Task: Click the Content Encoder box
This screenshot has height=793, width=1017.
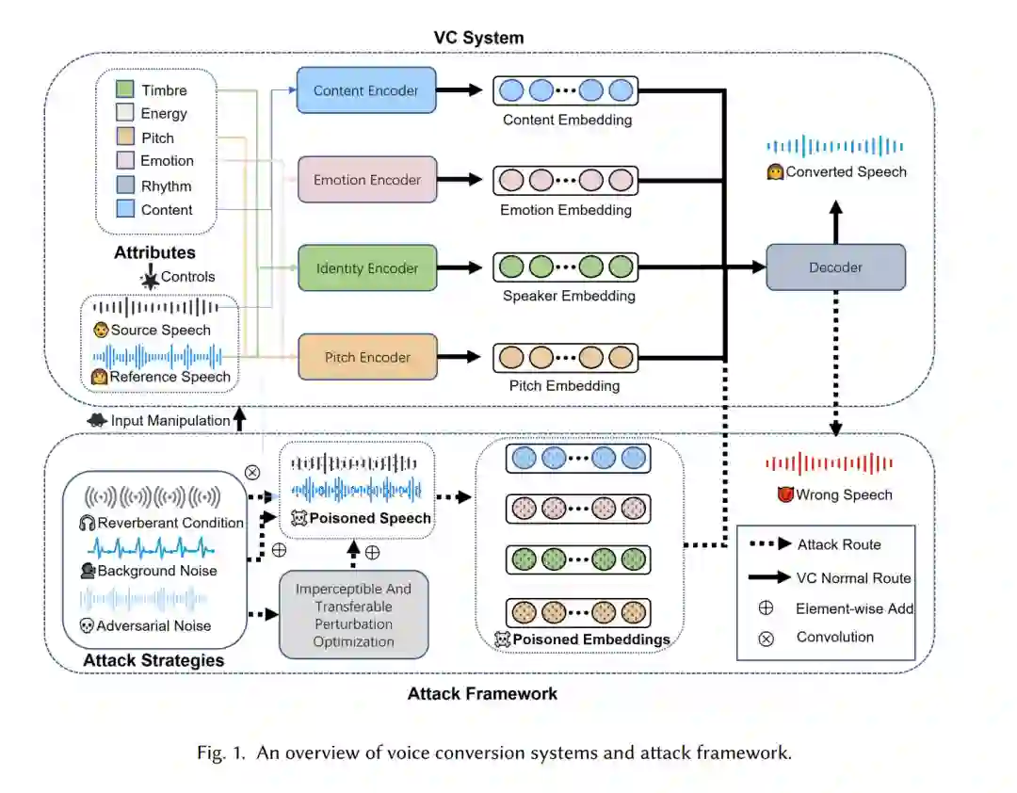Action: tap(366, 91)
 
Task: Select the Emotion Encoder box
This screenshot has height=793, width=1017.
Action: tap(366, 180)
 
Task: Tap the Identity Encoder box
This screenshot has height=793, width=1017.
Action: tap(366, 268)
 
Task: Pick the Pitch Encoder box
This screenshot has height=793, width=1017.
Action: tap(366, 357)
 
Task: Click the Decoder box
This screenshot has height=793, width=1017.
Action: tap(835, 267)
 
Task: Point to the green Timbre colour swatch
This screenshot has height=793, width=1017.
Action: tap(125, 90)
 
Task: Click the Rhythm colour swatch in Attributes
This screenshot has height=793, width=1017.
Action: tap(125, 186)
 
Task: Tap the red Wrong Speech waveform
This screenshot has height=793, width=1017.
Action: tap(829, 463)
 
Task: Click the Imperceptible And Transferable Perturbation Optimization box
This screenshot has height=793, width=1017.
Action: tap(354, 615)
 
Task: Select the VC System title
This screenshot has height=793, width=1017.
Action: tap(478, 38)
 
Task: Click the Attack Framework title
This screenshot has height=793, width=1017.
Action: tap(482, 694)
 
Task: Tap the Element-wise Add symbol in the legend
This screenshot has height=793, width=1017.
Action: tap(766, 608)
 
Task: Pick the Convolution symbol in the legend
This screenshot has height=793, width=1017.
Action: tap(766, 638)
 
